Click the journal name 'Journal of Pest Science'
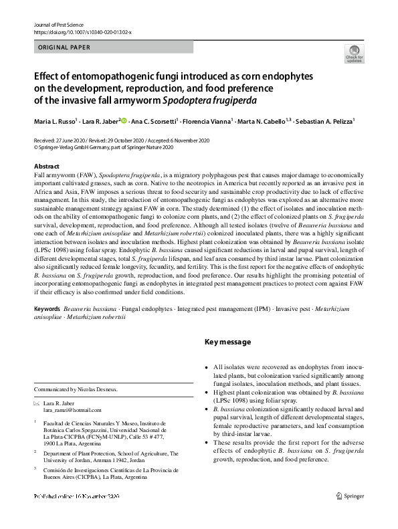(59, 23)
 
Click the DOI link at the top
(82, 31)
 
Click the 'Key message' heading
(227, 342)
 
